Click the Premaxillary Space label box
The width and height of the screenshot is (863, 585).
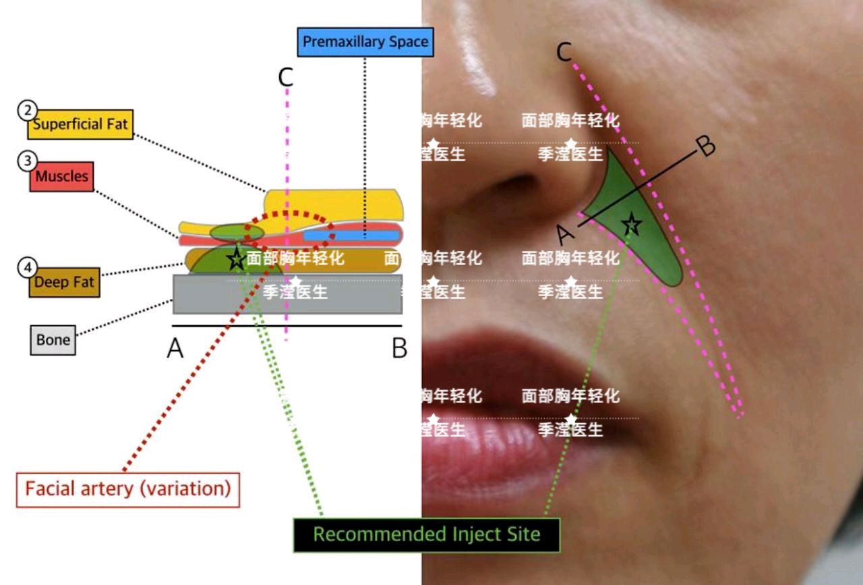pyautogui.click(x=365, y=42)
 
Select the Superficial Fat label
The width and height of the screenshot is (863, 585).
pyautogui.click(x=80, y=125)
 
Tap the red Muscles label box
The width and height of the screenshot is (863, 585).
pyautogui.click(x=61, y=177)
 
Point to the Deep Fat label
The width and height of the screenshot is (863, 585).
pyautogui.click(x=64, y=283)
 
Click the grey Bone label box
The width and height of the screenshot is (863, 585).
pyautogui.click(x=53, y=340)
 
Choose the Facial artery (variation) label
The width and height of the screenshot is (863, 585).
pyautogui.click(x=127, y=489)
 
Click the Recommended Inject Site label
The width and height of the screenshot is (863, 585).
pyautogui.click(x=427, y=535)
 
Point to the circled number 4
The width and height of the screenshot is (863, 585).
pyautogui.click(x=27, y=268)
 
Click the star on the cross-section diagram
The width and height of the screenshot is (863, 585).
pyautogui.click(x=236, y=258)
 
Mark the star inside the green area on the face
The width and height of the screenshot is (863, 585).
pyautogui.click(x=632, y=225)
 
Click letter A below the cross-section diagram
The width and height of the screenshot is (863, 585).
pyautogui.click(x=175, y=349)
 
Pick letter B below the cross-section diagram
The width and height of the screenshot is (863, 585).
pyautogui.click(x=399, y=349)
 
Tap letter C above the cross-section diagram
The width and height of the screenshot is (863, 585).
pyautogui.click(x=286, y=78)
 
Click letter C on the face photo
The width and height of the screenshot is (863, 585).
pyautogui.click(x=565, y=51)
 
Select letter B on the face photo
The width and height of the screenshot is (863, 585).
pyautogui.click(x=706, y=146)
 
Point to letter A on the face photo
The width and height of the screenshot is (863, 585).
pyautogui.click(x=566, y=234)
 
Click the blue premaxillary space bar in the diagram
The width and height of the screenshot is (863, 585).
pyautogui.click(x=351, y=235)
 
